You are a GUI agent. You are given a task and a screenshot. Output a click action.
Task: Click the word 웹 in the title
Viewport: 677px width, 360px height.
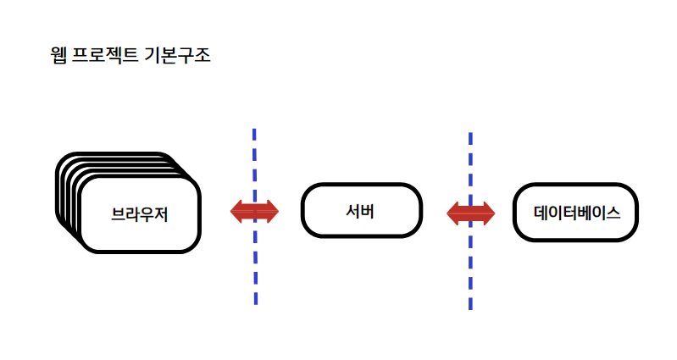pyautogui.click(x=58, y=57)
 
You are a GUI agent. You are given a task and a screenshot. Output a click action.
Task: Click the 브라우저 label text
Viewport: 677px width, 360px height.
pyautogui.click(x=140, y=215)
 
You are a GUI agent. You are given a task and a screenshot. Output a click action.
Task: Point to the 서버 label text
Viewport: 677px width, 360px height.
pyautogui.click(x=361, y=210)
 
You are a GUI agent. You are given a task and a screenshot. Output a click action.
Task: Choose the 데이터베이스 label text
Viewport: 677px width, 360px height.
pyautogui.click(x=576, y=212)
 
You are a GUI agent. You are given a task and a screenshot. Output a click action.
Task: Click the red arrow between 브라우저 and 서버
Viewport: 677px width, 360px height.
pyautogui.click(x=254, y=211)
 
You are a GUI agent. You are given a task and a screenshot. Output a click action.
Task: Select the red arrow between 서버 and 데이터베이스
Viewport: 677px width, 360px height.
pyautogui.click(x=470, y=213)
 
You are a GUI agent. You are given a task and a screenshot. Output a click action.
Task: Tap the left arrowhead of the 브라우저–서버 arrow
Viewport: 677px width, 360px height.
pyautogui.click(x=236, y=211)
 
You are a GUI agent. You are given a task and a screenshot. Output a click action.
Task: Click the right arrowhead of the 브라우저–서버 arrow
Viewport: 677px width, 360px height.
pyautogui.click(x=272, y=211)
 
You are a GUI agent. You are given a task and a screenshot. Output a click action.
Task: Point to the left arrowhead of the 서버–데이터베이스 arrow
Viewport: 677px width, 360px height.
pyautogui.click(x=452, y=213)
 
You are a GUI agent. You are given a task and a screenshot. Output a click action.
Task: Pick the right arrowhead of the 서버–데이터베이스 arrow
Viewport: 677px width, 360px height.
pyautogui.click(x=489, y=213)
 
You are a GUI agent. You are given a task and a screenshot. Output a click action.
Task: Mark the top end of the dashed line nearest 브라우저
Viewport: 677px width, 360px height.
pyautogui.click(x=254, y=130)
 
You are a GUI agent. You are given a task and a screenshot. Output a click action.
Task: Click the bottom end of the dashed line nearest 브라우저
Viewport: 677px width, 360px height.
pyautogui.click(x=254, y=302)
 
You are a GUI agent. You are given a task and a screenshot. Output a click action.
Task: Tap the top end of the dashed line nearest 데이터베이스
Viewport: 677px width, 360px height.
pyautogui.click(x=470, y=134)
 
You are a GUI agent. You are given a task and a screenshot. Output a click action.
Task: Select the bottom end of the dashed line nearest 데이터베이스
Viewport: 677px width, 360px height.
pyautogui.click(x=470, y=307)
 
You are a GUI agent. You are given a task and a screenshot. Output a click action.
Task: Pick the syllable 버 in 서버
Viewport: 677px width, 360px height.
pyautogui.click(x=370, y=210)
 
